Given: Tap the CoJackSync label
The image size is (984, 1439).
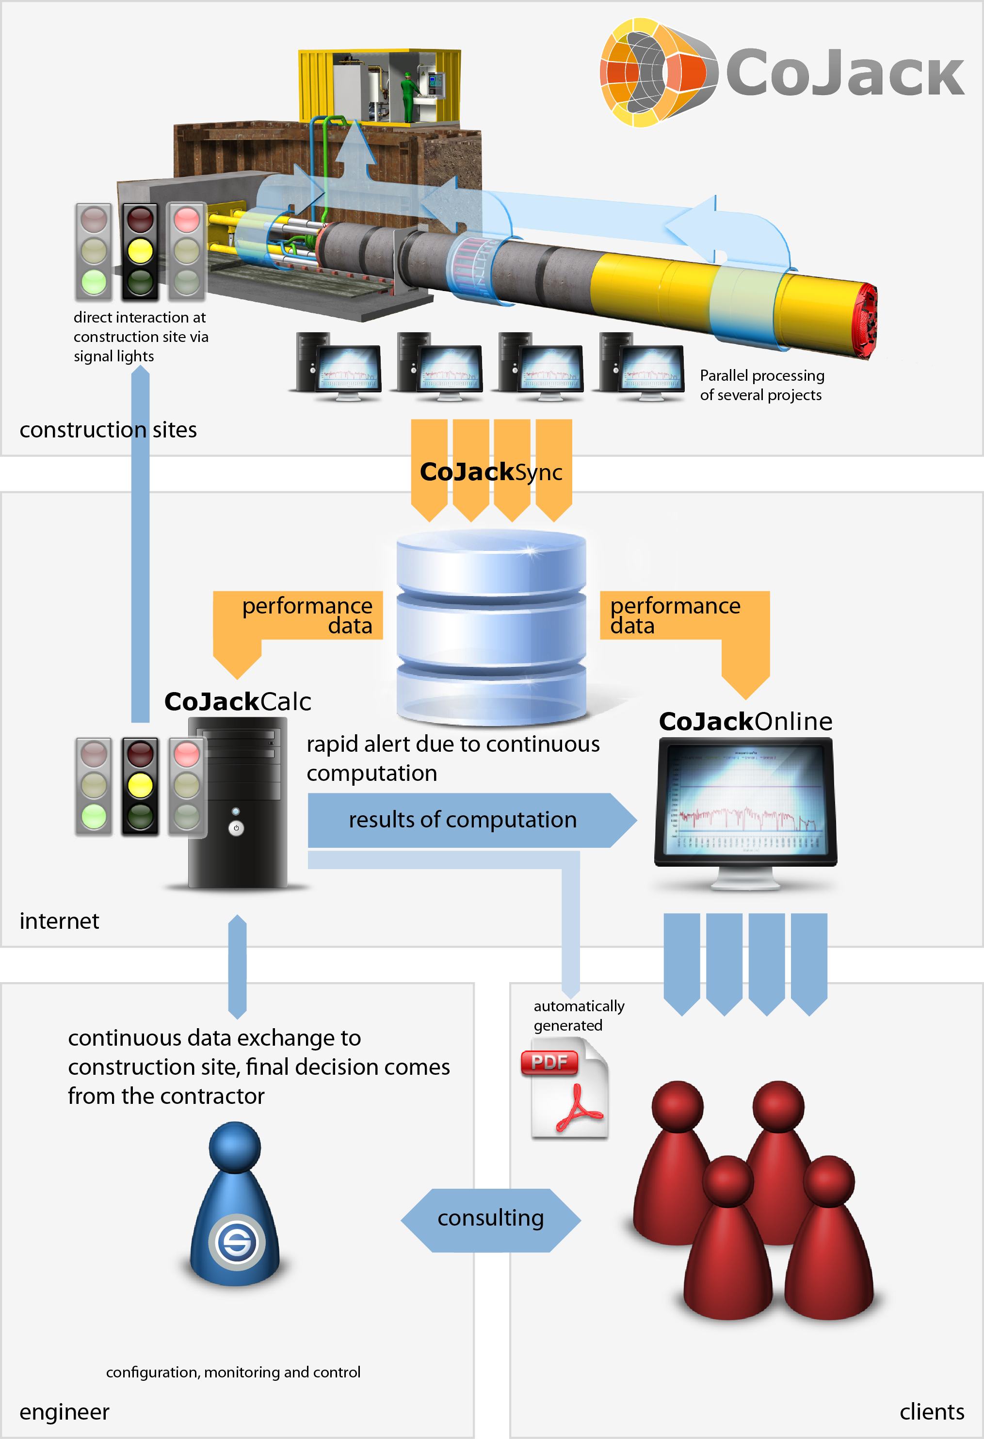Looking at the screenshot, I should pos(491,472).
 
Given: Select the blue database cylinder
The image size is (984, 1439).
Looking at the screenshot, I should pos(491,627).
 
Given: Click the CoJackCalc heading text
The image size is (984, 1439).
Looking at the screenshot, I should pos(237,701).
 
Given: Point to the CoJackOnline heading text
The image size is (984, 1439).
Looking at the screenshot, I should pos(745,721).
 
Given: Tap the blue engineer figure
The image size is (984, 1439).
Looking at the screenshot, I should pos(235,1204).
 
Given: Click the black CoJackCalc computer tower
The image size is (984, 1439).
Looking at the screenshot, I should pos(238,803).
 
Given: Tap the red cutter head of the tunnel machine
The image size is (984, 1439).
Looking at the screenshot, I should pos(867,320).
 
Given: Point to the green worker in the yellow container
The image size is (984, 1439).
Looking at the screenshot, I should pos(407,96).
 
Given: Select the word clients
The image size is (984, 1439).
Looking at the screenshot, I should pos(931,1411).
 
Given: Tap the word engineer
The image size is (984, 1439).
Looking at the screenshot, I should pos(64,1411).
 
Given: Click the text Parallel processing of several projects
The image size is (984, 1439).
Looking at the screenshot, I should pos(762,385).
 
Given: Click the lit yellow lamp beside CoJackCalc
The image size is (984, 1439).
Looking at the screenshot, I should pos(140,785).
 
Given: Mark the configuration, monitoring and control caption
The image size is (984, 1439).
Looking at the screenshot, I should pos(233,1372).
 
